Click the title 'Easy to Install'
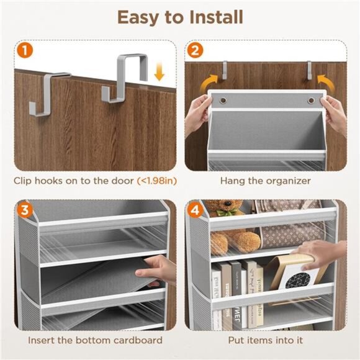pyautogui.click(x=179, y=17)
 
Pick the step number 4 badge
pyautogui.click(x=194, y=209)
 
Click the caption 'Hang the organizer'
pyautogui.click(x=265, y=181)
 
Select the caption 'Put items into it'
pyautogui.click(x=265, y=340)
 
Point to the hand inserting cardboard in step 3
pyautogui.click(x=160, y=271)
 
